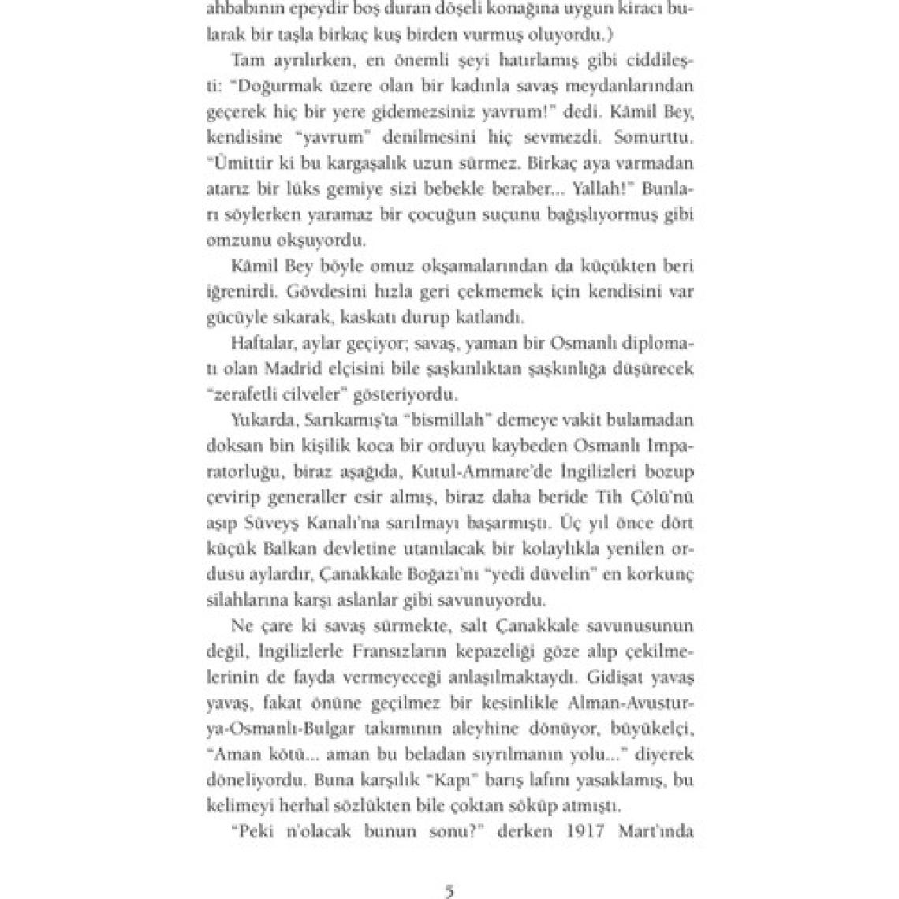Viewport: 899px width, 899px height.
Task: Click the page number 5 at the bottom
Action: tap(449, 892)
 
